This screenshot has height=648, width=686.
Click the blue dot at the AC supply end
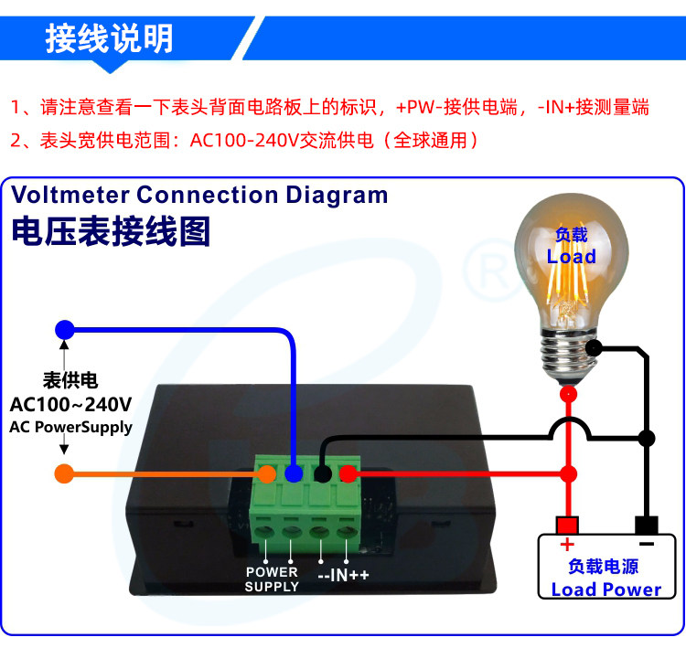click(63, 329)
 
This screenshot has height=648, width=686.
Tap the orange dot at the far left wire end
click(63, 473)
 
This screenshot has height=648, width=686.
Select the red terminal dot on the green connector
click(348, 473)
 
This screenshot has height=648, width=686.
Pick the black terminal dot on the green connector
click(322, 473)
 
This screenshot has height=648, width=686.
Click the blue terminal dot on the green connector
click(294, 473)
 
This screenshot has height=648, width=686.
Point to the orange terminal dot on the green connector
click(266, 473)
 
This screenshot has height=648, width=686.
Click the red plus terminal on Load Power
click(567, 526)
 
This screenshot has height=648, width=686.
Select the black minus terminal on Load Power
click(647, 526)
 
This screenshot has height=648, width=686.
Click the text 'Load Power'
click(606, 590)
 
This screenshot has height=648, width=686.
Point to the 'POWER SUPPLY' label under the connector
click(272, 579)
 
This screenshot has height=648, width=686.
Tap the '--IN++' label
click(343, 577)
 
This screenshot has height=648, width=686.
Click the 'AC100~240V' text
click(70, 404)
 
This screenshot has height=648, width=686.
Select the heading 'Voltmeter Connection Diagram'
click(199, 195)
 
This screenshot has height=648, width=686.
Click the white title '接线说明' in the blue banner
click(109, 39)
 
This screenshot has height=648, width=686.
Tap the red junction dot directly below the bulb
click(568, 394)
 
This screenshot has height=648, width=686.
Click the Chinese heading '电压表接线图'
click(111, 231)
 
